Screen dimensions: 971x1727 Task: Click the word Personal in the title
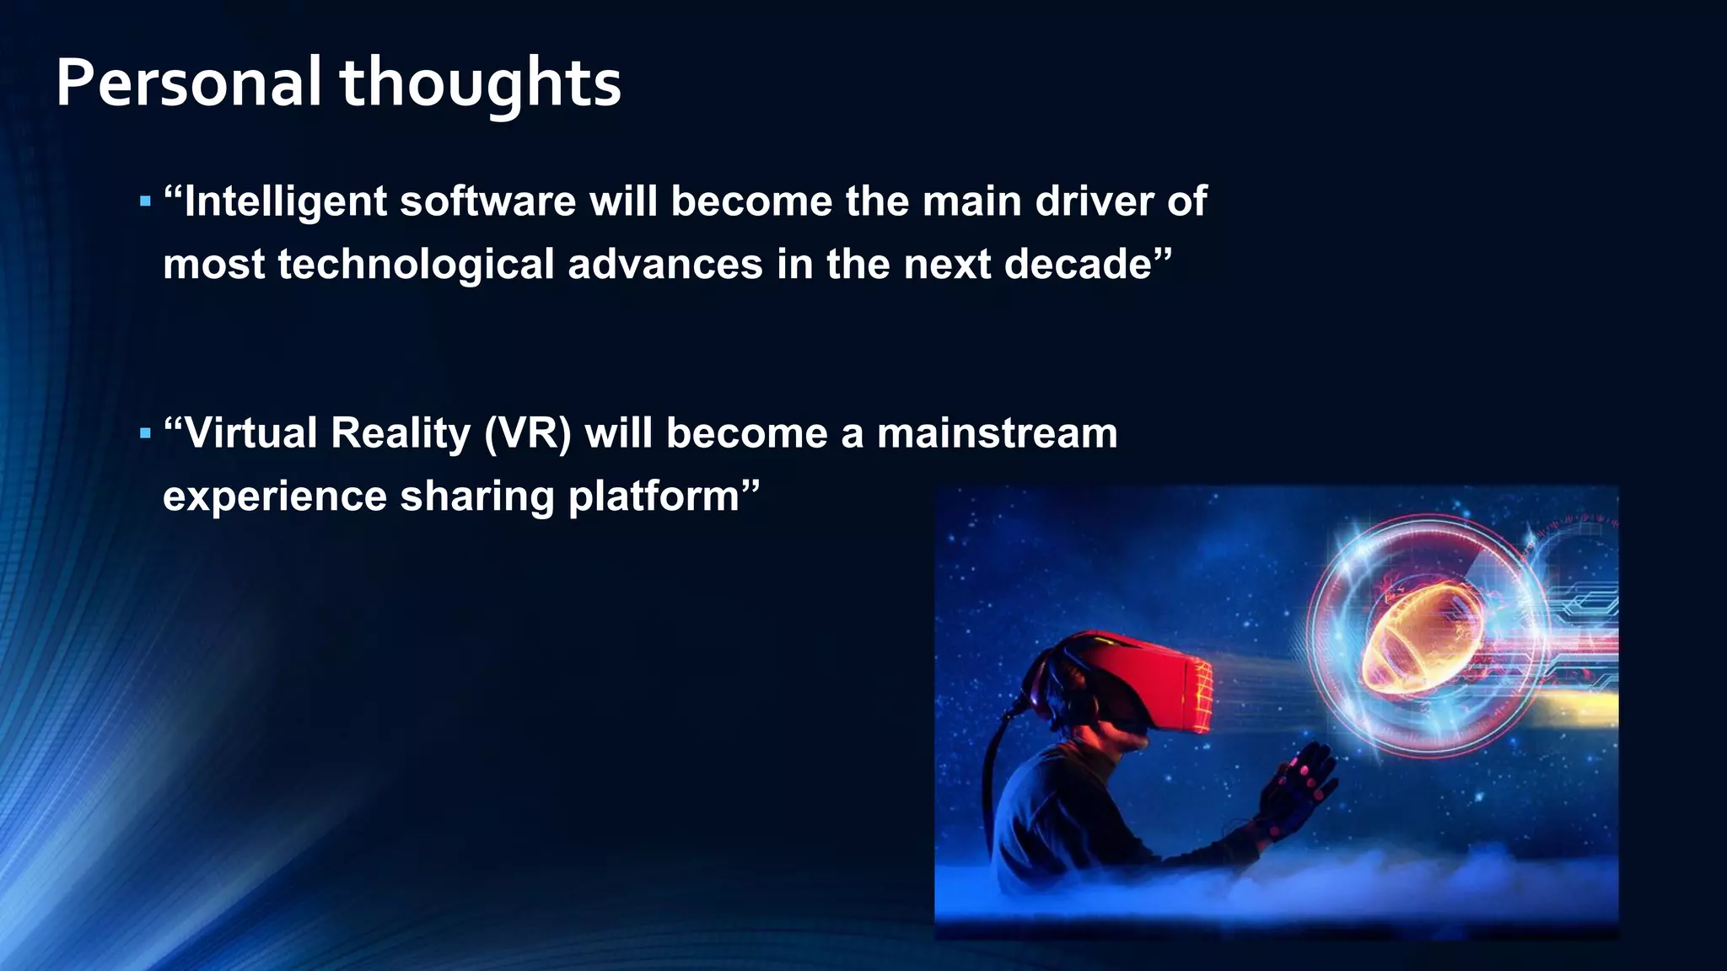pyautogui.click(x=188, y=83)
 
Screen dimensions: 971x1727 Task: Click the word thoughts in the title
pyautogui.click(x=480, y=83)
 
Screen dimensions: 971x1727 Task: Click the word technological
pyautogui.click(x=416, y=265)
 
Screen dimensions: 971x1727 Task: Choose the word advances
pyautogui.click(x=665, y=265)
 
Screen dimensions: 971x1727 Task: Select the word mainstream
pyautogui.click(x=997, y=434)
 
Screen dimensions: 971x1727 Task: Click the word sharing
pyautogui.click(x=476, y=496)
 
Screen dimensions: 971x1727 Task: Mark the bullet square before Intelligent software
pyautogui.click(x=145, y=202)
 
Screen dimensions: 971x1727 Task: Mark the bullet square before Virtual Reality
pyautogui.click(x=145, y=434)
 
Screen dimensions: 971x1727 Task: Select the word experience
pyautogui.click(x=274, y=496)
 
